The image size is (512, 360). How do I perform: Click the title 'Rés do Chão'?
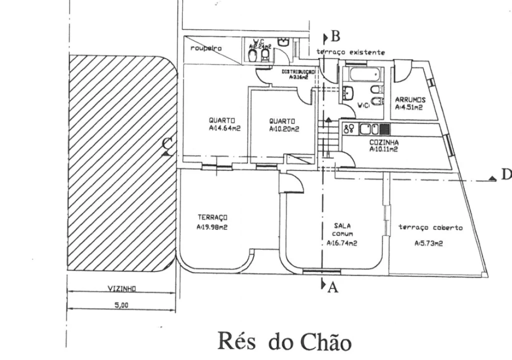(x=284, y=341)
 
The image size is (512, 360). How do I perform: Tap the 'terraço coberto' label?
(x=431, y=227)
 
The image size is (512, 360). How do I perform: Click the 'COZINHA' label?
(x=384, y=142)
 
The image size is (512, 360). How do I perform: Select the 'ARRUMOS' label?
(x=410, y=99)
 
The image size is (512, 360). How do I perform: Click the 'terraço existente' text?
(x=350, y=52)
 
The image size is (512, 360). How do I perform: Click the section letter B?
(x=336, y=36)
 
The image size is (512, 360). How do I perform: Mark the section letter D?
(x=506, y=174)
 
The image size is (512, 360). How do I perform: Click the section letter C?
(x=168, y=144)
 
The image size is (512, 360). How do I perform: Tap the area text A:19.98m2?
(x=213, y=228)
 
